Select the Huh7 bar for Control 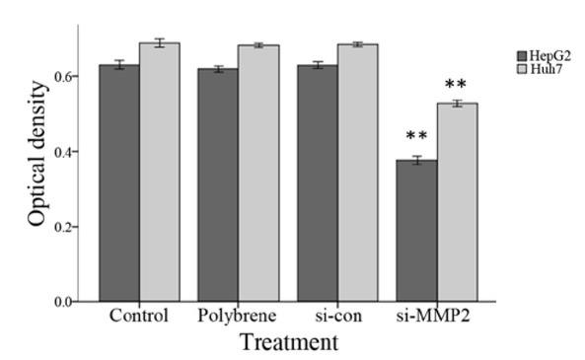[x=159, y=173]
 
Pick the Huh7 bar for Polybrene [x=257, y=174]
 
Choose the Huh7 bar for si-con [x=357, y=173]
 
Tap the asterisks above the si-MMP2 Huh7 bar [x=456, y=85]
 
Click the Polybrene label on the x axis [x=237, y=318]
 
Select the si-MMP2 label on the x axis [x=436, y=318]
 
